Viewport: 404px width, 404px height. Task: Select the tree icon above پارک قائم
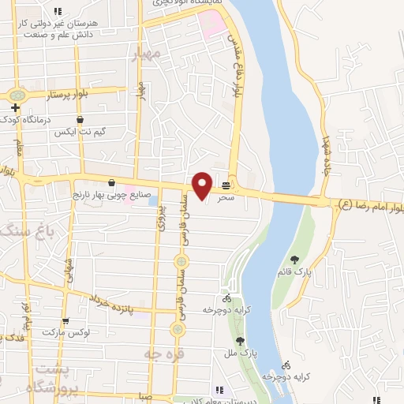point(294,259)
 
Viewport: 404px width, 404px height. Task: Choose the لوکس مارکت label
point(84,332)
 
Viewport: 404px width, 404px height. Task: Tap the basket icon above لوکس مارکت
point(65,321)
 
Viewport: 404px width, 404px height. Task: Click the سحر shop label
point(226,198)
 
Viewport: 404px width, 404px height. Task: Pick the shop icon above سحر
point(226,186)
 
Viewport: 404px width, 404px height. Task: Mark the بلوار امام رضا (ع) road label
point(369,205)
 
